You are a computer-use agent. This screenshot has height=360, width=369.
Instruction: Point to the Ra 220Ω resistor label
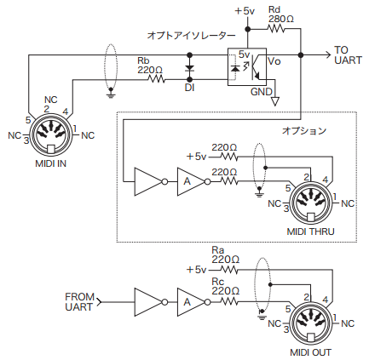[x=223, y=255]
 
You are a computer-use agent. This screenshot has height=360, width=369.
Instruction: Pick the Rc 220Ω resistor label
[x=223, y=285]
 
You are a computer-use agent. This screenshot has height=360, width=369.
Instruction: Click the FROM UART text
[x=80, y=302]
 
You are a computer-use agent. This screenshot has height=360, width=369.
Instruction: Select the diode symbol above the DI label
[x=189, y=66]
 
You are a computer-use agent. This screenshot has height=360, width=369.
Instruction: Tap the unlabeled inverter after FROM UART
[x=147, y=300]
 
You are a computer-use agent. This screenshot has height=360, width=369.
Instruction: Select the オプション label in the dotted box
[x=304, y=131]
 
